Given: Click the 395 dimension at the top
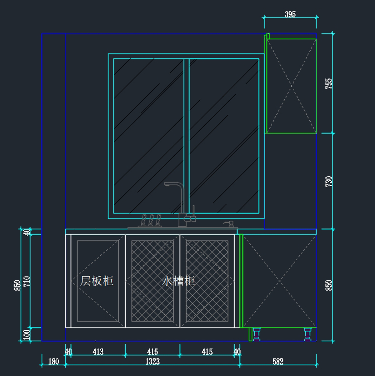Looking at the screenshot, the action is click(290, 14).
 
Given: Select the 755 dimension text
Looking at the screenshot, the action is click(329, 84).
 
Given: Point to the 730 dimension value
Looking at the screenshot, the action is click(329, 182).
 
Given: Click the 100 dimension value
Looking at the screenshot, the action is click(27, 334).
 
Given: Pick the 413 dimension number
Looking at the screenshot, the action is click(98, 352).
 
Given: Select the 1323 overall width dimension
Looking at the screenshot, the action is click(152, 362).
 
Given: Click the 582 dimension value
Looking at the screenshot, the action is click(278, 362).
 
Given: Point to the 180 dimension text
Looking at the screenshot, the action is click(53, 362).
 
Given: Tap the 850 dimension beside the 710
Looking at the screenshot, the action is click(17, 285).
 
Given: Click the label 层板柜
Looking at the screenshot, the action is click(97, 281).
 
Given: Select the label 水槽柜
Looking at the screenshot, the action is click(178, 281).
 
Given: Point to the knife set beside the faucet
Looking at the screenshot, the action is click(151, 220).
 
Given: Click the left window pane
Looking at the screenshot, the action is click(148, 136).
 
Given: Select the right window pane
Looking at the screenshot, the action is click(224, 136).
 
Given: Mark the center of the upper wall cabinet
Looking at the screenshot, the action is click(291, 86).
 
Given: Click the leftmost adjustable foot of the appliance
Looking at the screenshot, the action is click(257, 334).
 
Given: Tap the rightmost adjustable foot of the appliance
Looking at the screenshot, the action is click(308, 334).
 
